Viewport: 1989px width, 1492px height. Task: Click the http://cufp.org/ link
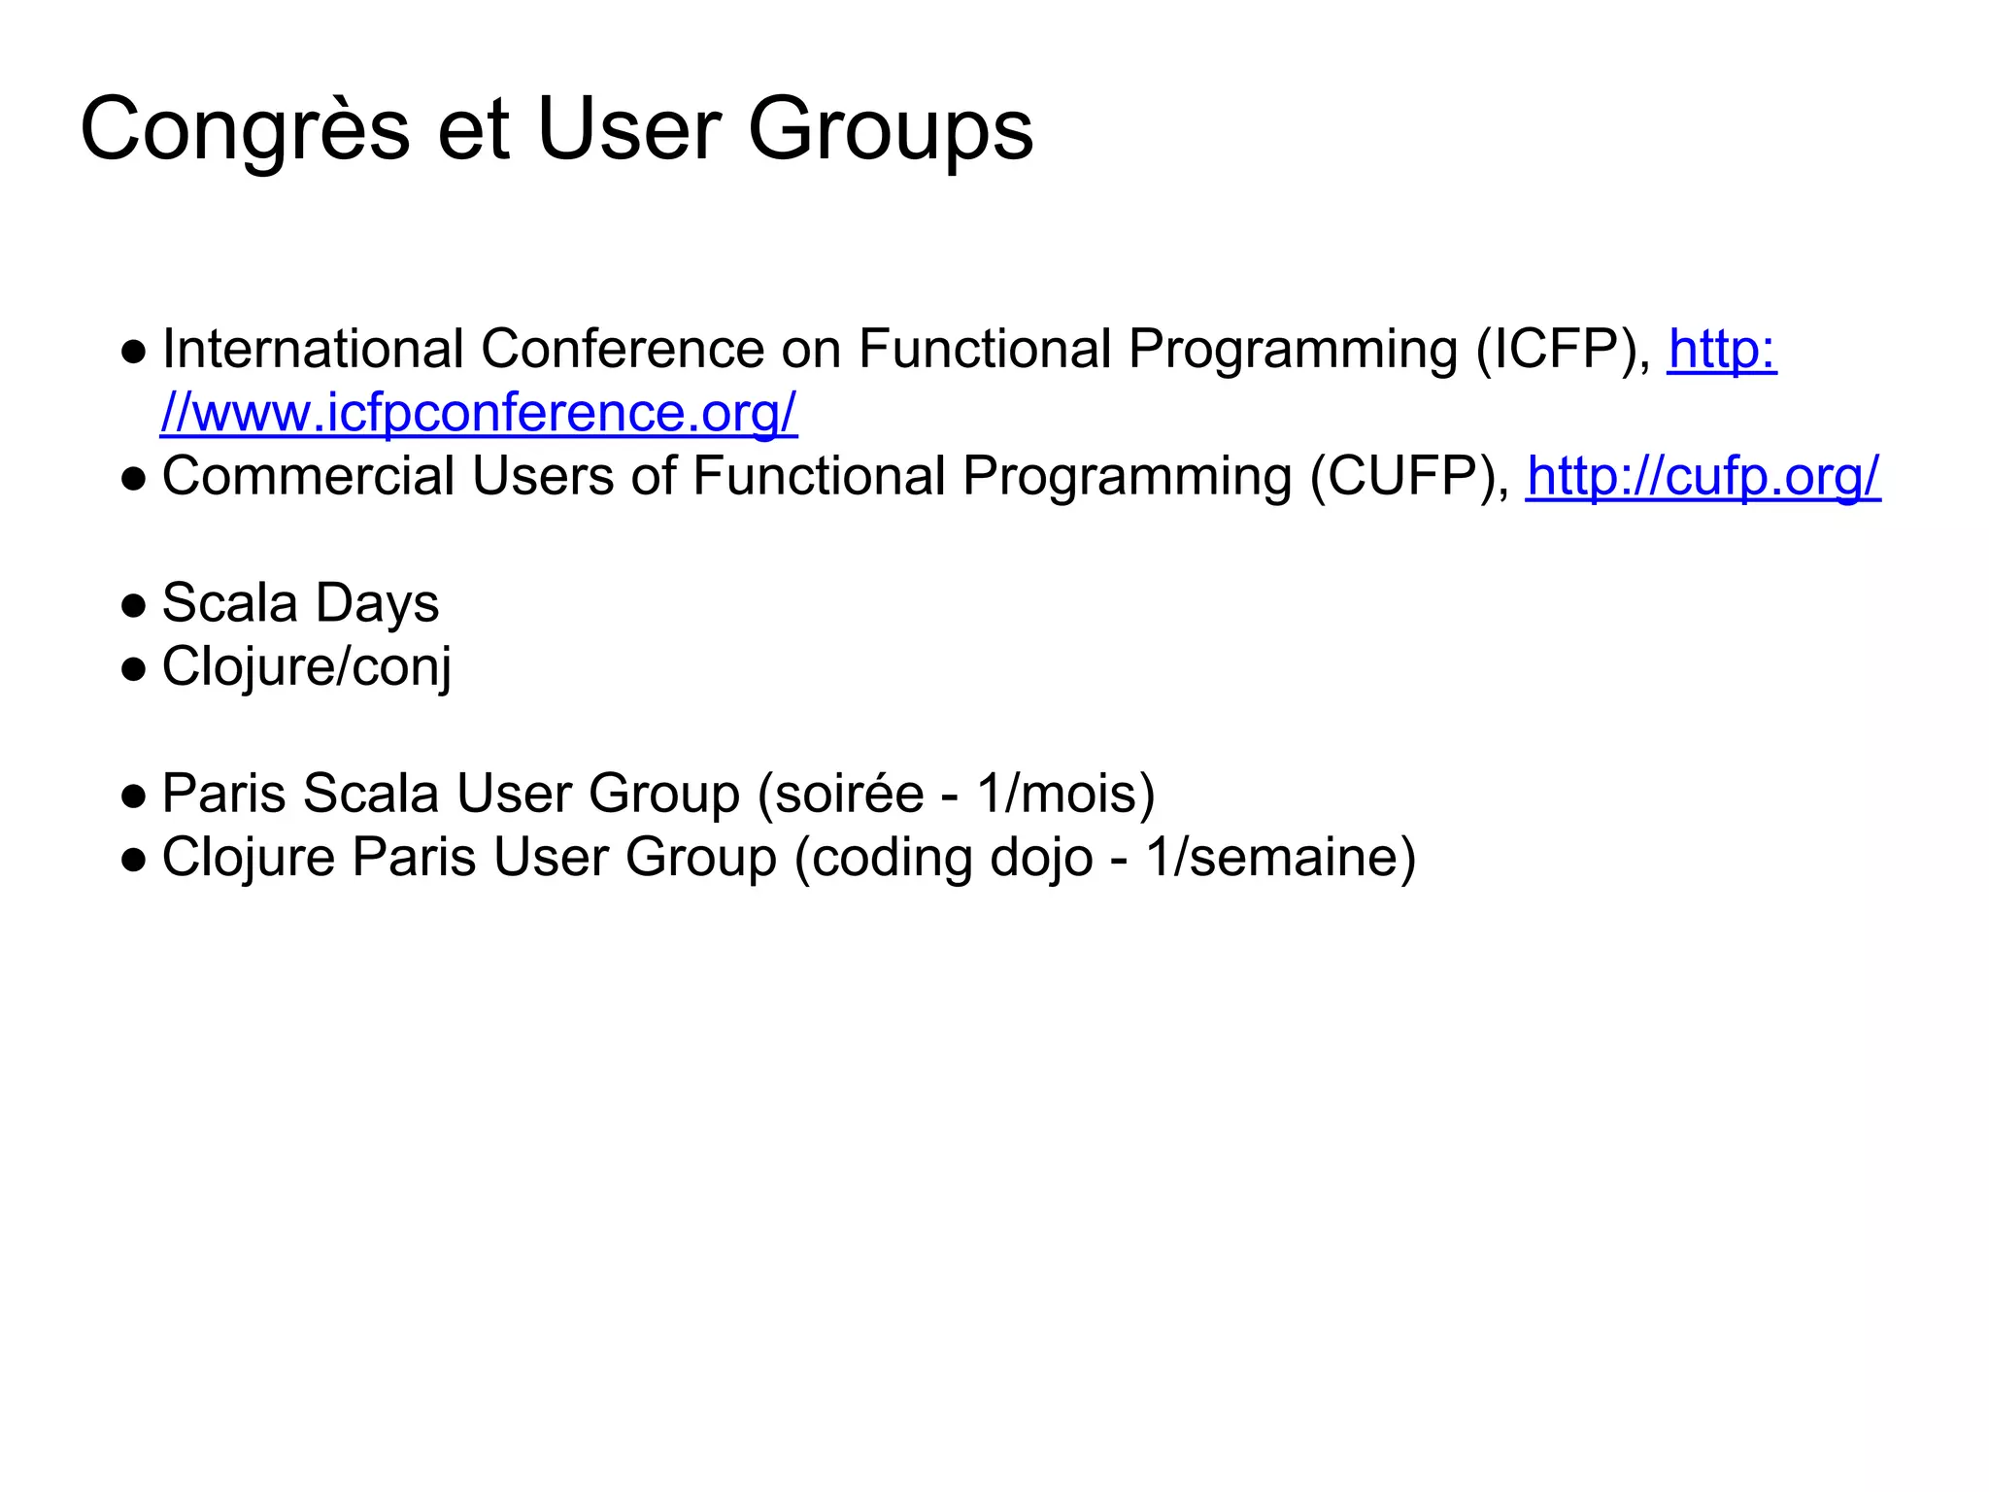1702,477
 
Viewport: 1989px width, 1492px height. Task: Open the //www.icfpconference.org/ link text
479,413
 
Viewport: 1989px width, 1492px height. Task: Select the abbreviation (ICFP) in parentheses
1563,350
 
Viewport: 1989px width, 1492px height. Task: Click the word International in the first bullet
313,350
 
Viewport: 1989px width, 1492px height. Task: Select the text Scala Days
300,603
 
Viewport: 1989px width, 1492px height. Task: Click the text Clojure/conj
306,667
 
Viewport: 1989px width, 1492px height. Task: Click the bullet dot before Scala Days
134,606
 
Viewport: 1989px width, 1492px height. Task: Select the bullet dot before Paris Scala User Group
134,797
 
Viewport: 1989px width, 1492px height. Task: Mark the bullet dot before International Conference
134,352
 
